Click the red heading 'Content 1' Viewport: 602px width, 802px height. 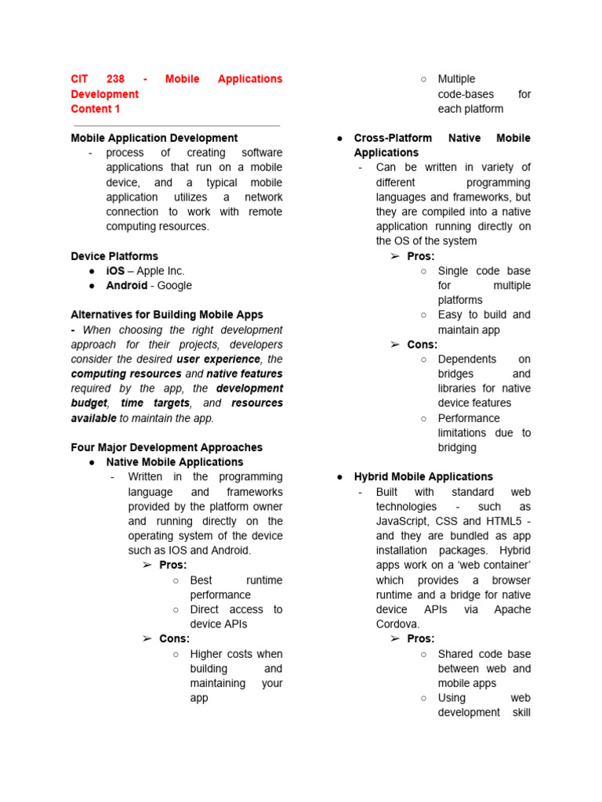(96, 109)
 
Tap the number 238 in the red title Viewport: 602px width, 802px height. (117, 79)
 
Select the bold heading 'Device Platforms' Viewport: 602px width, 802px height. (114, 256)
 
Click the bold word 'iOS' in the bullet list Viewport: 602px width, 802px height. (115, 271)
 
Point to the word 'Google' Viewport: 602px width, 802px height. (174, 286)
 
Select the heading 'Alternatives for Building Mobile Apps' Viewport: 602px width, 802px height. (167, 315)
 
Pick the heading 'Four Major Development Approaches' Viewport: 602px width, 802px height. (166, 447)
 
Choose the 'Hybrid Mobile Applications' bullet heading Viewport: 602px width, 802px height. (423, 476)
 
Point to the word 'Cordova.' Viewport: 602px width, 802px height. (398, 624)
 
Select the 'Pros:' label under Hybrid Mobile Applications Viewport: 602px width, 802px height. (421, 639)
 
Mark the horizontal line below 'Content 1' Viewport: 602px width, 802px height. (176, 125)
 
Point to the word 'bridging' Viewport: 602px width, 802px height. (457, 447)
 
